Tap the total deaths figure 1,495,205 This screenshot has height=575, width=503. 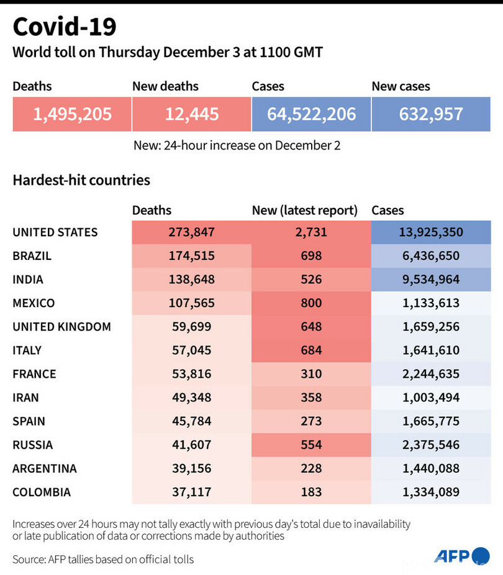pos(73,114)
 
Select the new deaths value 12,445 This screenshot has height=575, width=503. pos(192,114)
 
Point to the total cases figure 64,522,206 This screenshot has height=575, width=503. pos(312,114)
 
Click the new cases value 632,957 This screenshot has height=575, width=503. pos(431,114)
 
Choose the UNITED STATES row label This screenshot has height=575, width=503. pos(55,233)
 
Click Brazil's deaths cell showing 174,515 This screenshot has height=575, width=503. pos(191,256)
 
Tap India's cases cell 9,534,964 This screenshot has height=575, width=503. pos(430,280)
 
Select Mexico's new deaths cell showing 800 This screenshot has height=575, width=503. pos(311,303)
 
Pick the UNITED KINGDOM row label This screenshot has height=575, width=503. pos(61,327)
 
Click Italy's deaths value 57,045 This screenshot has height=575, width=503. pos(191,350)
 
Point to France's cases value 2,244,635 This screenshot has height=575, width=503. pos(430,374)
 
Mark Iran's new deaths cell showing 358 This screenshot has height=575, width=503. pos(311,398)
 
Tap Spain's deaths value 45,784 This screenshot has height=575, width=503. pos(191,421)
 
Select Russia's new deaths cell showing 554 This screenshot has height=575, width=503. pos(311,445)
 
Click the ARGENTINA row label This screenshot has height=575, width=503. pos(45,468)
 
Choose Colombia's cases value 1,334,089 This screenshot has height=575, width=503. pos(430,492)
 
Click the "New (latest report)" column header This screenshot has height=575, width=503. pos(305,211)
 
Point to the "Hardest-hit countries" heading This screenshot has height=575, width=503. pos(81,181)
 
